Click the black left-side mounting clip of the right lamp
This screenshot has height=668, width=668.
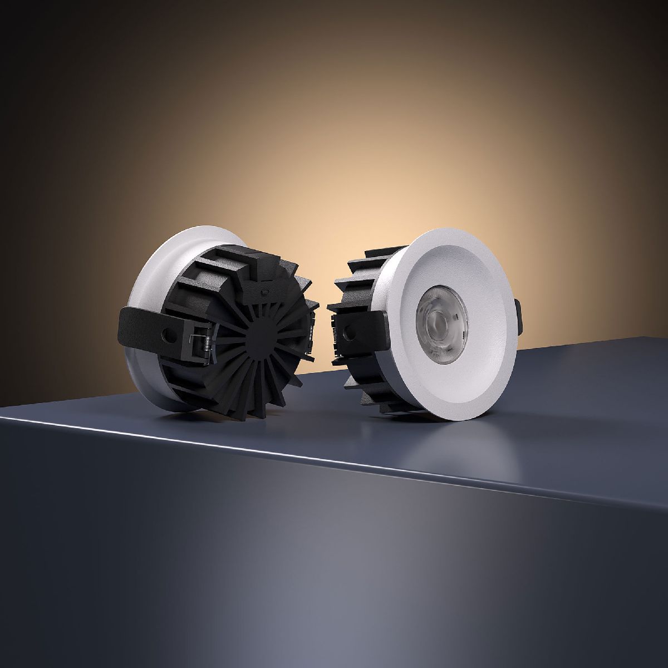click(356, 328)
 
